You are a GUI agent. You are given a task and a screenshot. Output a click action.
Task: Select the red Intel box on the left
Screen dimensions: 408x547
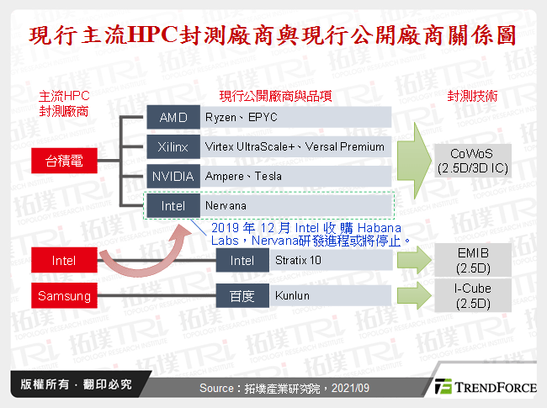point(64,261)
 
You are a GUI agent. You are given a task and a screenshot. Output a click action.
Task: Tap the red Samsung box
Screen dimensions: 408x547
point(64,296)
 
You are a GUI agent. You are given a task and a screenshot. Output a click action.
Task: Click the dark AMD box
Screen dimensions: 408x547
point(173,118)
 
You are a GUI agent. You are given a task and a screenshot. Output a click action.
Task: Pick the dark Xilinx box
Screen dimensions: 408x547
point(173,147)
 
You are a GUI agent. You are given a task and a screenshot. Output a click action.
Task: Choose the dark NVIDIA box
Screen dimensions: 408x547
point(173,177)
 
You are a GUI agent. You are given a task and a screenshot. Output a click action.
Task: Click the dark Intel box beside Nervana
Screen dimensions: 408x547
point(173,205)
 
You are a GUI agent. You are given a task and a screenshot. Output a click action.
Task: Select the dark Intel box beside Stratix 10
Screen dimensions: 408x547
point(242,261)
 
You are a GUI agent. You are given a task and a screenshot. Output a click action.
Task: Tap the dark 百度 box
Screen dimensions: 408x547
point(242,296)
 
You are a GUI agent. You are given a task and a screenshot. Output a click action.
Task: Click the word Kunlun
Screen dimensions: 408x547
point(293,296)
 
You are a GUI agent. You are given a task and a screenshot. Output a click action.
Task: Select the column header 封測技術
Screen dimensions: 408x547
point(472,97)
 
